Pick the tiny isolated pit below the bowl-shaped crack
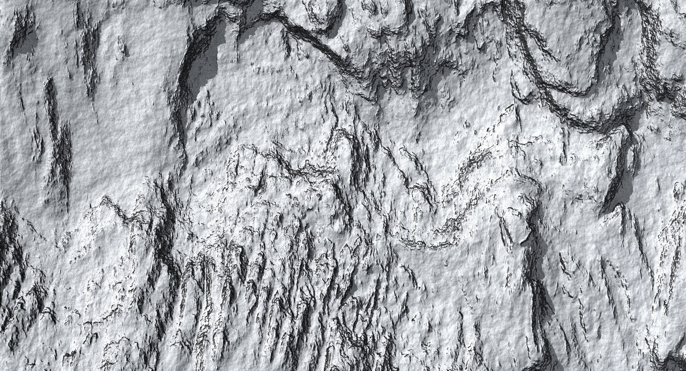point(447,264)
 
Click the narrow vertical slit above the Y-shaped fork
point(50,100)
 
